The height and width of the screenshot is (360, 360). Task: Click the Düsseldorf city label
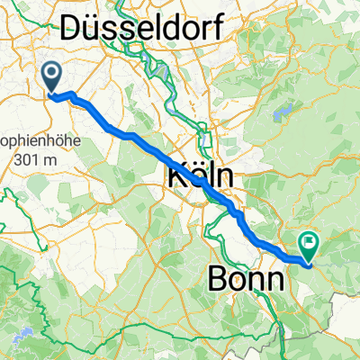click(142, 29)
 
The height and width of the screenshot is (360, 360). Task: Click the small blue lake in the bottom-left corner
click(21, 332)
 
